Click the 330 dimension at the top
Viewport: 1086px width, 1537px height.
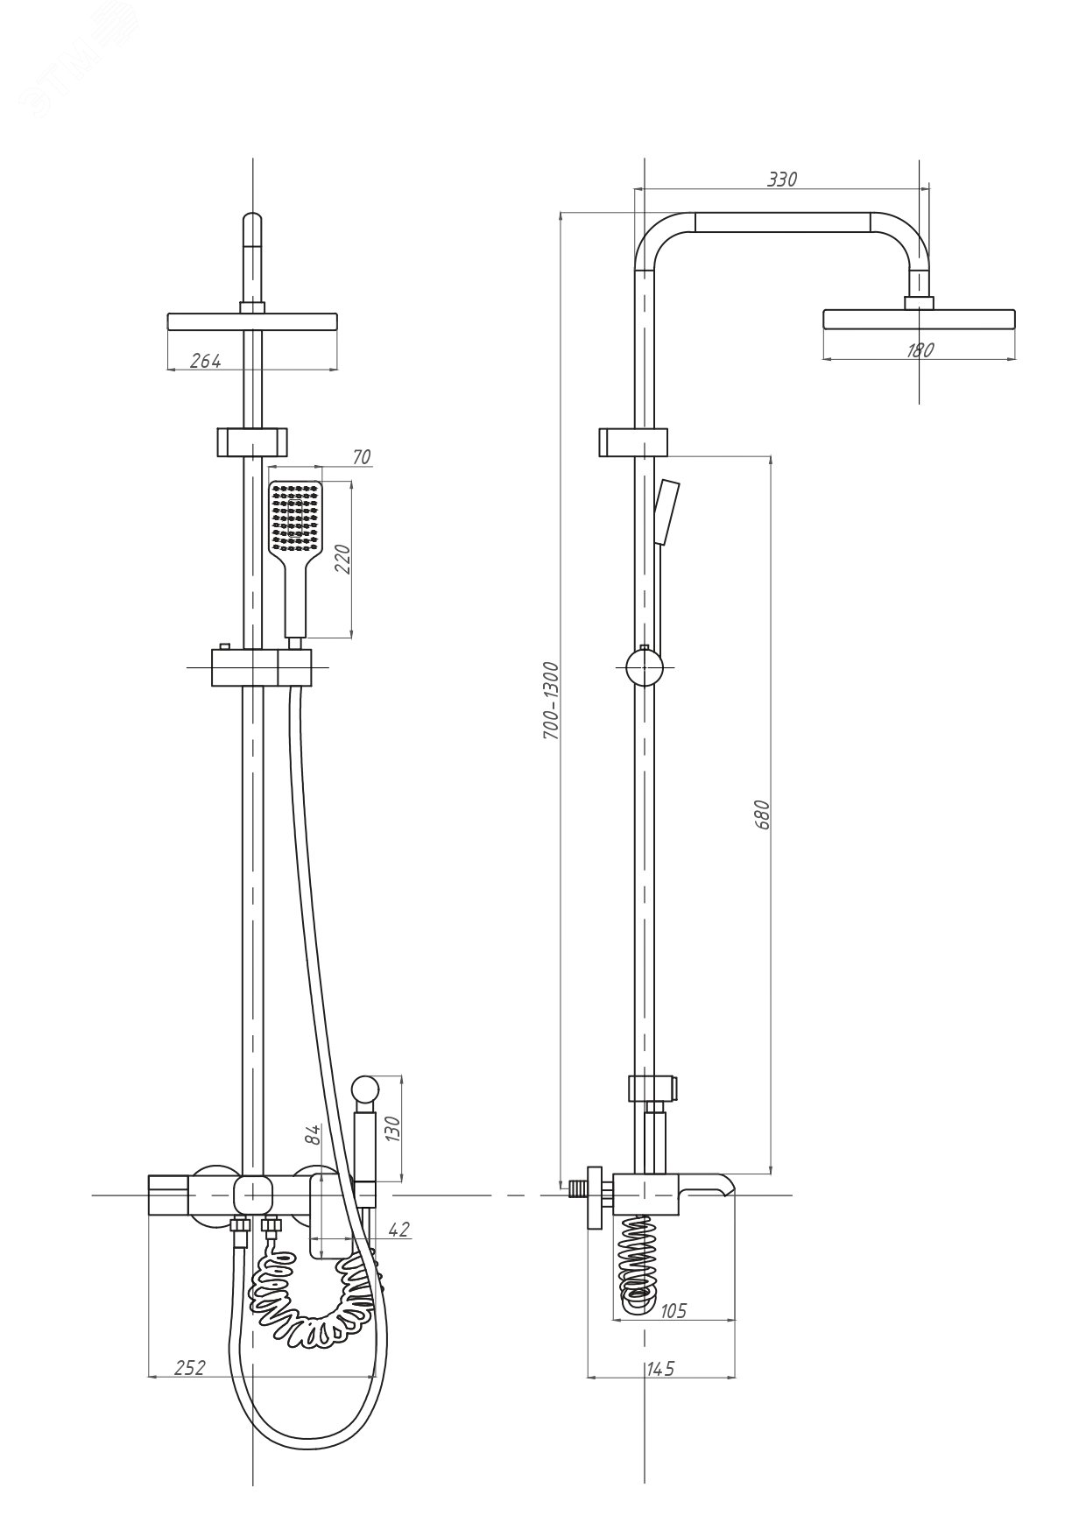coord(782,179)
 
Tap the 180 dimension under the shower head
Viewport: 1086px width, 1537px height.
coord(920,349)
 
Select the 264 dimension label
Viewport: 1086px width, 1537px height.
coord(205,360)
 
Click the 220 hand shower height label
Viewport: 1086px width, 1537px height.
coord(342,558)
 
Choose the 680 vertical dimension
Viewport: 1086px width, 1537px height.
coord(762,814)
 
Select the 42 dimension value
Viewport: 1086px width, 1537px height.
coord(398,1230)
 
